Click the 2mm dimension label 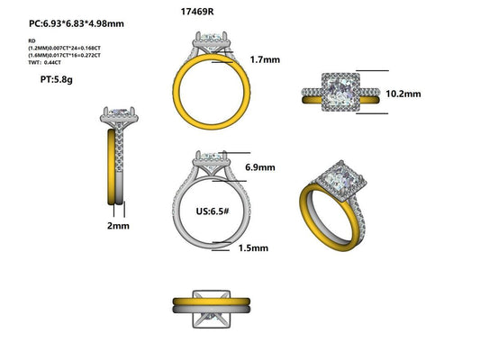117,229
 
